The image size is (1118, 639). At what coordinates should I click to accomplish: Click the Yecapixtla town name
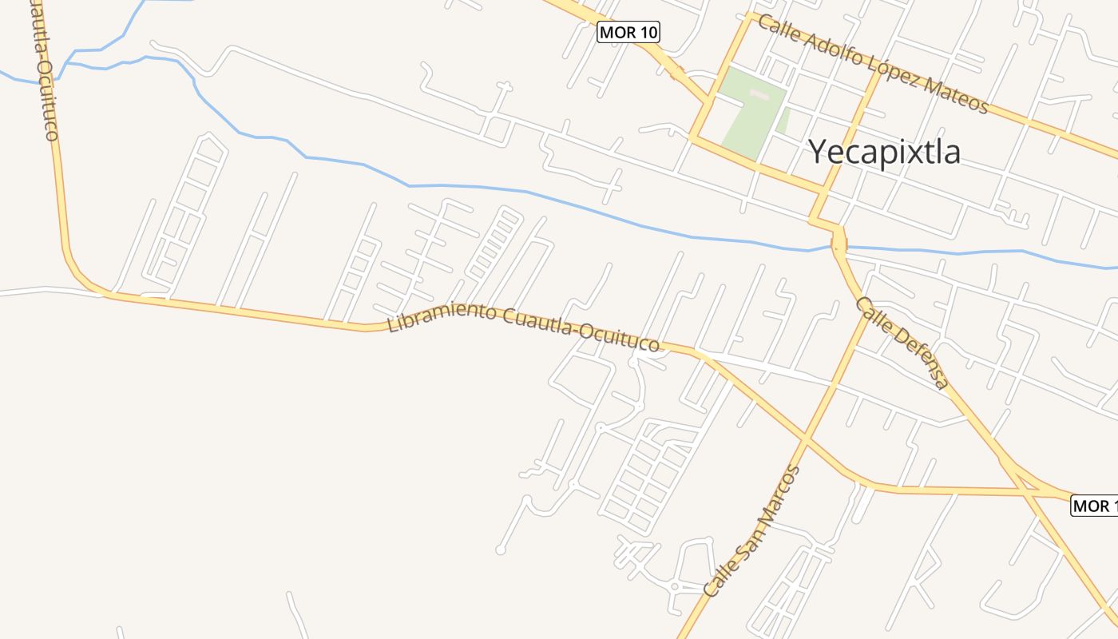coord(884,151)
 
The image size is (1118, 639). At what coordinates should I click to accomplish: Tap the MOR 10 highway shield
coord(628,33)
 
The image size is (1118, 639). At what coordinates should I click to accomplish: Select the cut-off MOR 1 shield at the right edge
coord(1093,506)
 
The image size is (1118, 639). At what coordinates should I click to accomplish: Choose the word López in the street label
coord(894,72)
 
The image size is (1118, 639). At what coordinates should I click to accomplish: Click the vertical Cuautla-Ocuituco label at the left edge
coord(45,72)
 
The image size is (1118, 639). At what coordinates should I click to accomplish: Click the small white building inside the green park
coord(759,96)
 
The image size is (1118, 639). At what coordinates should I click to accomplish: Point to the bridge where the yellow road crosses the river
coord(838,243)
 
